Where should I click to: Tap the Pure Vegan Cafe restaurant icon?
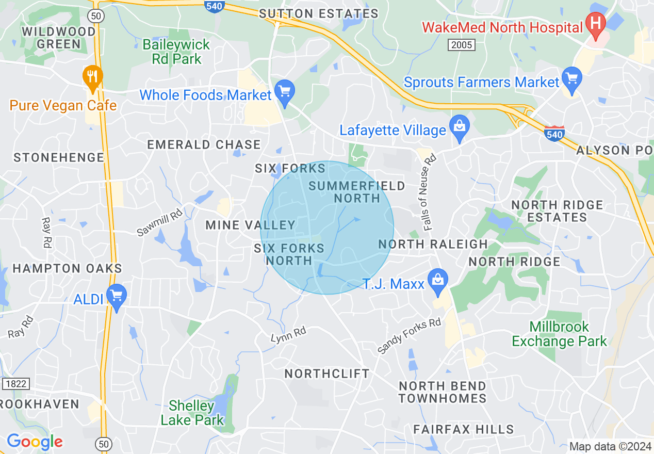pyautogui.click(x=93, y=77)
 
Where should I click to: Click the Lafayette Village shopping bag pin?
pyautogui.click(x=458, y=127)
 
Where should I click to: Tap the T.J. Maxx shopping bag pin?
pyautogui.click(x=438, y=281)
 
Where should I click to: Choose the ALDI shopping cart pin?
pyautogui.click(x=117, y=296)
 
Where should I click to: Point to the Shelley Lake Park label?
pyautogui.click(x=192, y=413)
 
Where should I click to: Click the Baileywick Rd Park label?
pyautogui.click(x=176, y=52)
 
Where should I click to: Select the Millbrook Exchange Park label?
pyautogui.click(x=560, y=334)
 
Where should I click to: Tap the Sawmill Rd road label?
pyautogui.click(x=159, y=222)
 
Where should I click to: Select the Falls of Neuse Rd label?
pyautogui.click(x=428, y=192)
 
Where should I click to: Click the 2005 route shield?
pyautogui.click(x=461, y=45)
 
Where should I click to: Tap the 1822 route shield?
pyautogui.click(x=15, y=383)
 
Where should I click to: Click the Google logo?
pyautogui.click(x=35, y=442)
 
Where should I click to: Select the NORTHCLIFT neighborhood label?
pyautogui.click(x=327, y=373)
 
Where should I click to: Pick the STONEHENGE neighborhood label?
pyautogui.click(x=59, y=157)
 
